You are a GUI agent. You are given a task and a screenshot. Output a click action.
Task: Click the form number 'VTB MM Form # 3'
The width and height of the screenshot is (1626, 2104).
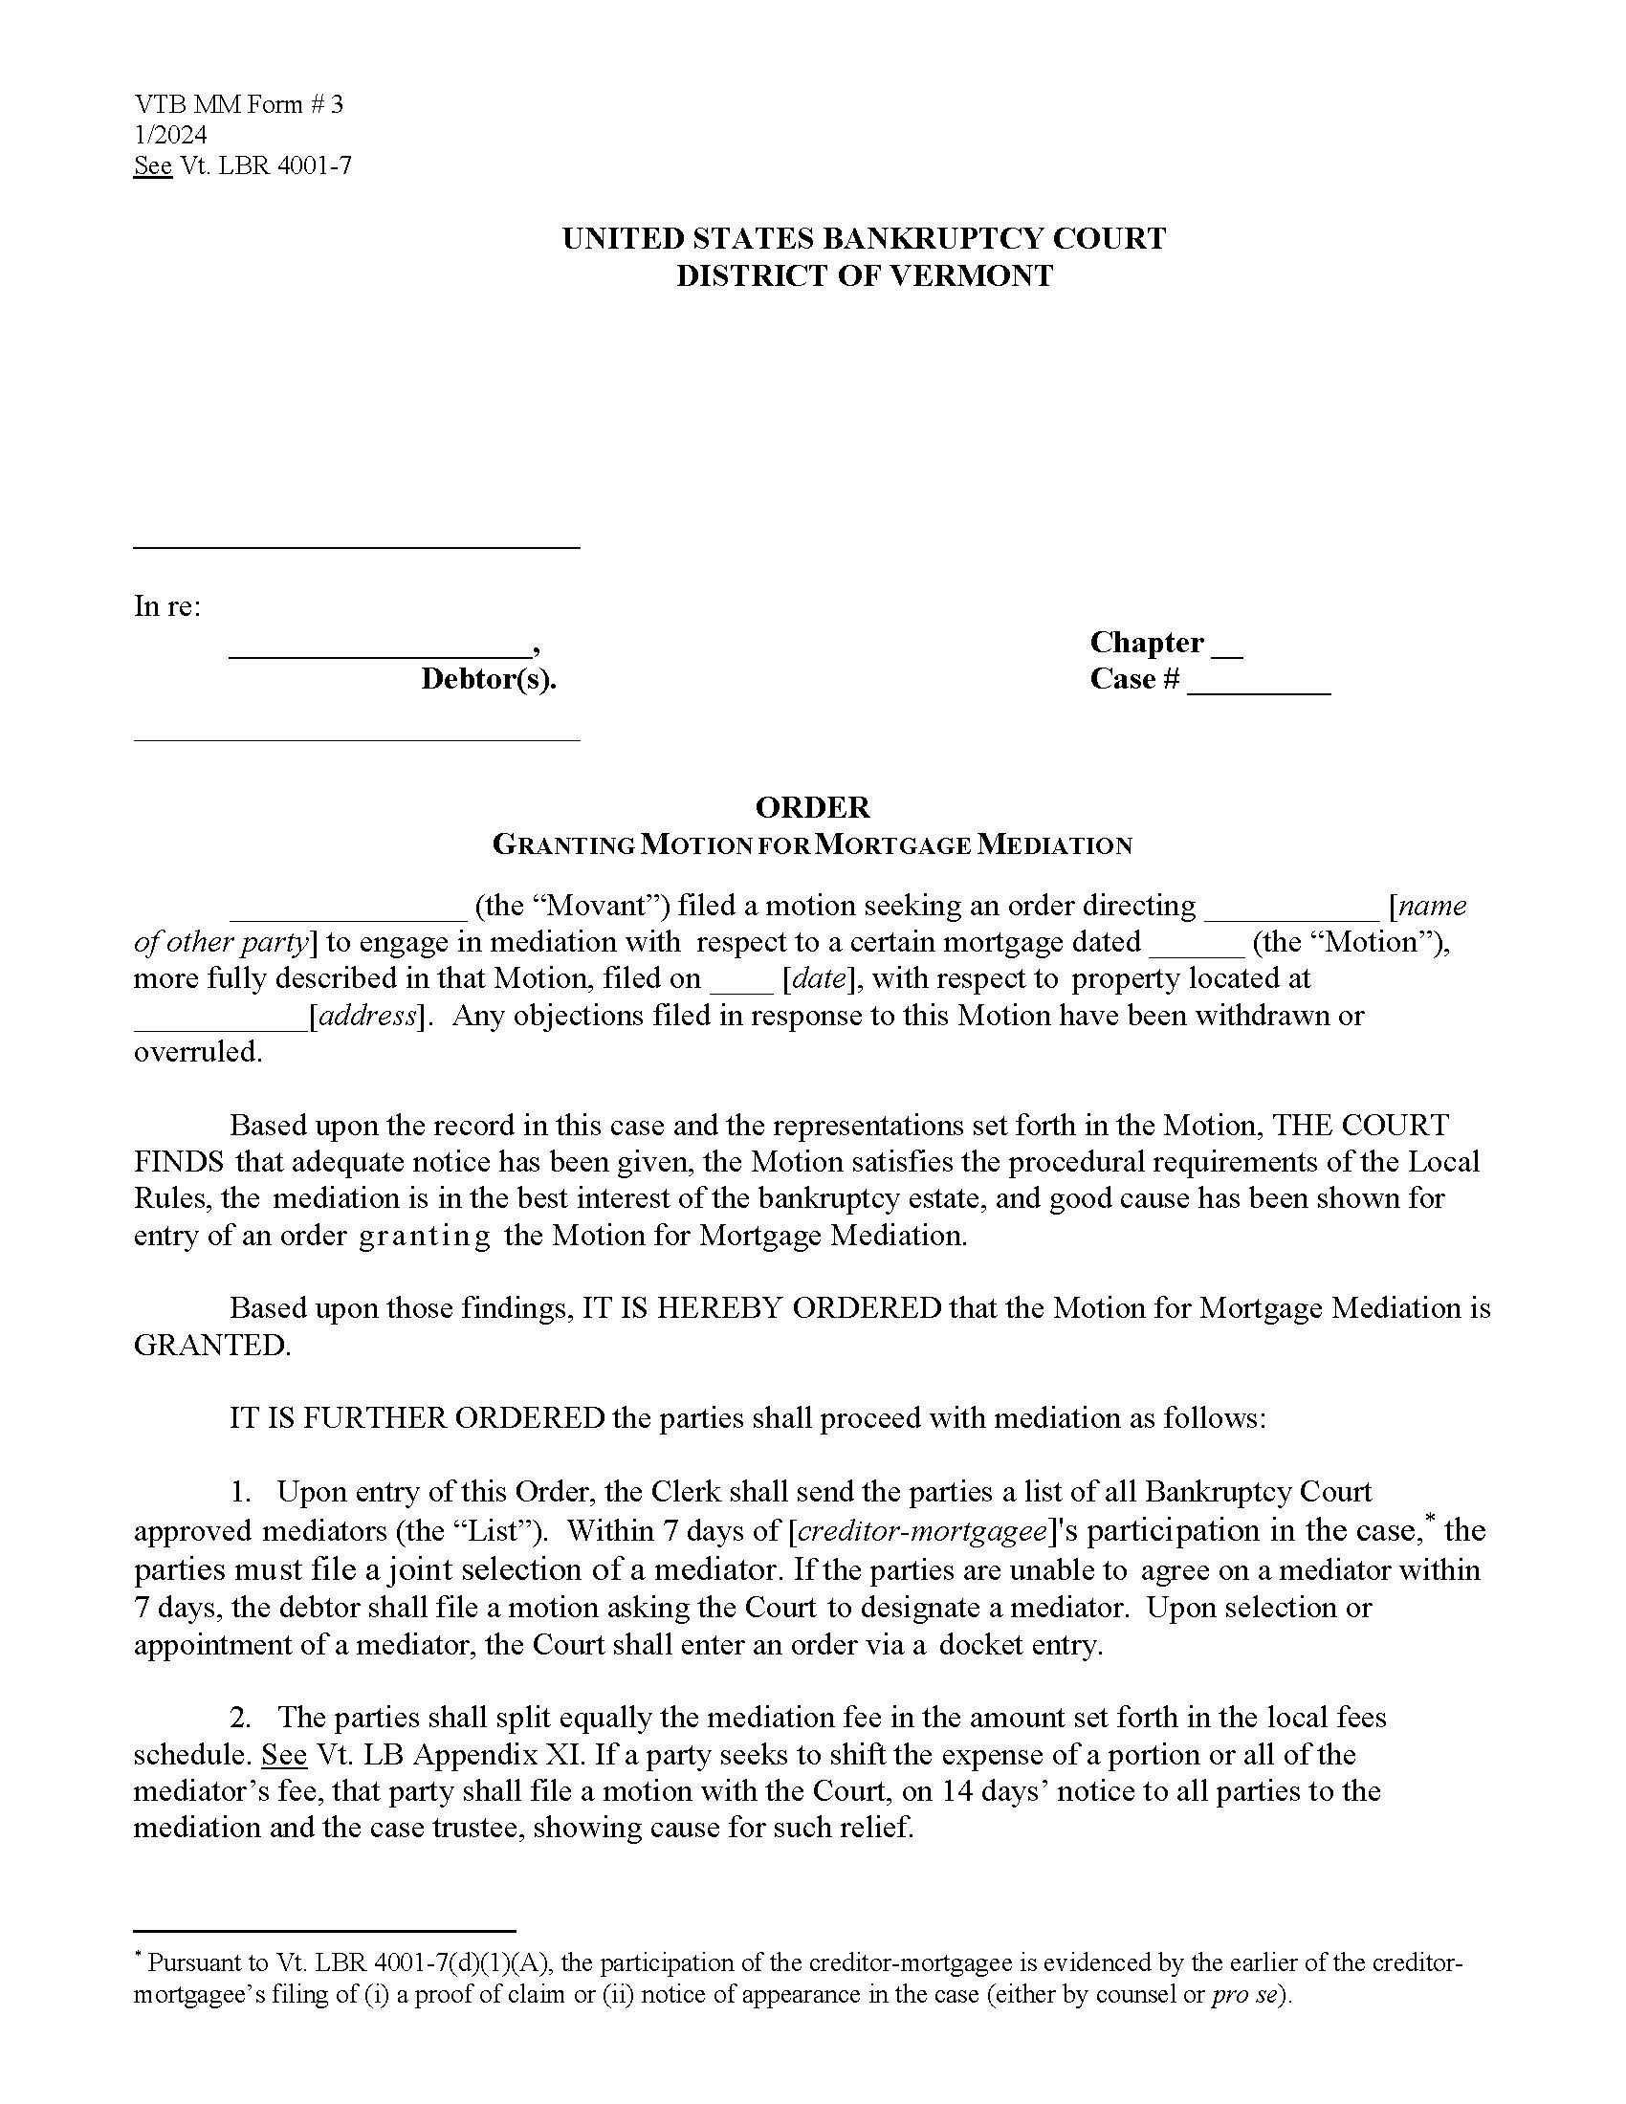tap(237, 105)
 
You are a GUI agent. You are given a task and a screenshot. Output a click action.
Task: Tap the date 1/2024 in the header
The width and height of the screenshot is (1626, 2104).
tap(170, 136)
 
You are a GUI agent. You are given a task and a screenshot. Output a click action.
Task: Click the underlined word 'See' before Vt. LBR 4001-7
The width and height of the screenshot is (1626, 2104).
tap(152, 166)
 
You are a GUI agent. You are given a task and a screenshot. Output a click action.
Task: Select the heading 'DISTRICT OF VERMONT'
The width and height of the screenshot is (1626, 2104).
tap(864, 276)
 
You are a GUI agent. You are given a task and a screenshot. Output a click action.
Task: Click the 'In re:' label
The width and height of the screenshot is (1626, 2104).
tap(166, 607)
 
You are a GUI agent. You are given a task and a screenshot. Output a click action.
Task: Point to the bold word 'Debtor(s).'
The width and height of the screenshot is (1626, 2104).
tap(489, 680)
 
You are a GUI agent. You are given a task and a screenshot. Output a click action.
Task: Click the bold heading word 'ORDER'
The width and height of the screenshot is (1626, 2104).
tap(812, 807)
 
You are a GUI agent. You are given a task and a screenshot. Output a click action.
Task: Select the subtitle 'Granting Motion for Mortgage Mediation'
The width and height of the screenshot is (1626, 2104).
tap(812, 845)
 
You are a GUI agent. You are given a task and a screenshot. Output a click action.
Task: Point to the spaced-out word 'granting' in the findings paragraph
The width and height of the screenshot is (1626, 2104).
tap(424, 1236)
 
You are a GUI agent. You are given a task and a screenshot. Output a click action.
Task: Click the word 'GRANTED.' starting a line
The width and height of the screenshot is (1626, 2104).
tap(212, 1346)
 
